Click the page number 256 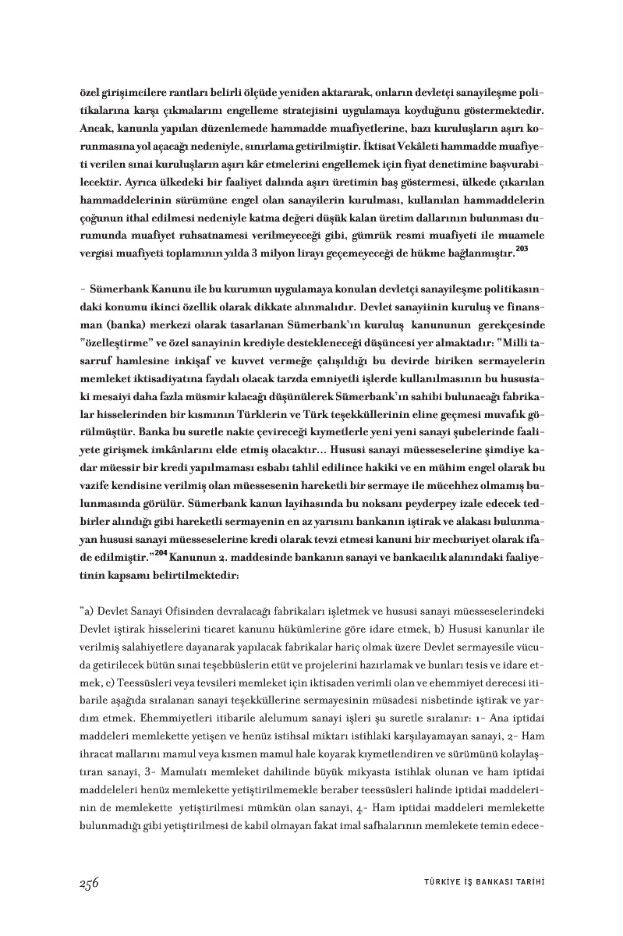89,882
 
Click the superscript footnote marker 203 522,248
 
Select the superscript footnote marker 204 161,553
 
